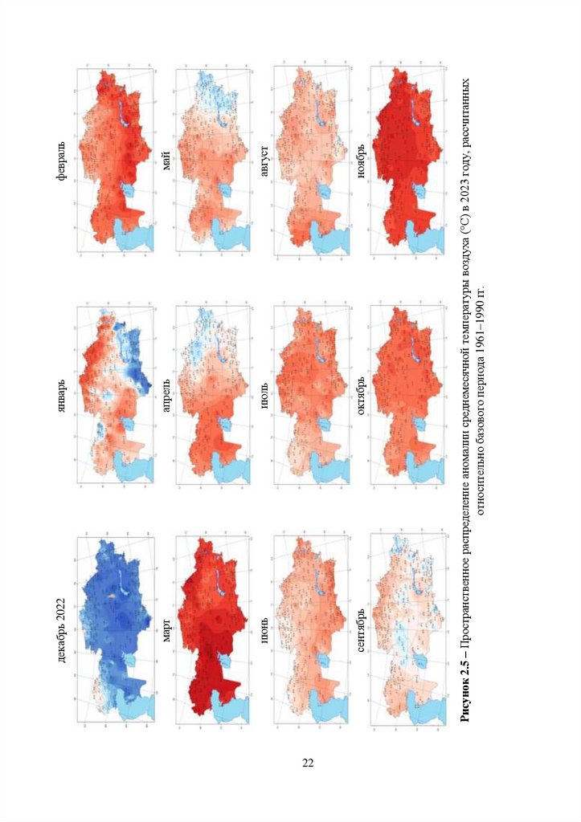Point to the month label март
(x=166, y=631)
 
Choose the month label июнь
(x=264, y=631)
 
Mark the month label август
(x=264, y=161)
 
